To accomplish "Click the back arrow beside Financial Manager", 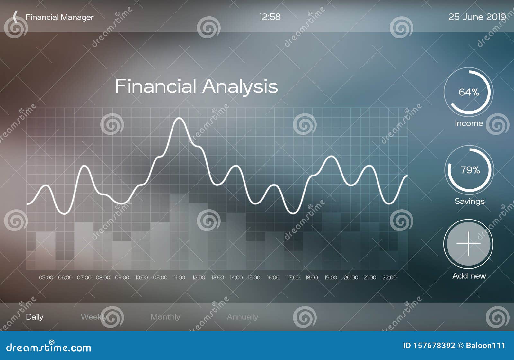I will tap(15, 17).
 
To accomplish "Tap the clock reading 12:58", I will tap(270, 17).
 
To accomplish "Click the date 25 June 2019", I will tap(477, 17).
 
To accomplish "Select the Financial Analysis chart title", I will tap(196, 86).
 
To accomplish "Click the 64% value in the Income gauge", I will tap(469, 93).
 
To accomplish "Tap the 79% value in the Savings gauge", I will tap(470, 170).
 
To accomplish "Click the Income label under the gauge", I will tap(469, 123).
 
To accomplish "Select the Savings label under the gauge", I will tap(469, 201).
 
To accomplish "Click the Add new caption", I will tap(469, 276).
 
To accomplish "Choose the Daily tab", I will tap(35, 317).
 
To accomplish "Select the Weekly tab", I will tap(93, 317).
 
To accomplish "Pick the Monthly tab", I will tap(165, 317).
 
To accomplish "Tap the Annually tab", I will tap(242, 317).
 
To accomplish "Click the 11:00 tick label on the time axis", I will tap(180, 277).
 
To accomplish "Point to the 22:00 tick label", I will tap(389, 277).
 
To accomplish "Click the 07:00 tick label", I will tap(84, 277).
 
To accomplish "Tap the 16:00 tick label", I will tap(273, 277).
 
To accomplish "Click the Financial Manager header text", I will tap(60, 17).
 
